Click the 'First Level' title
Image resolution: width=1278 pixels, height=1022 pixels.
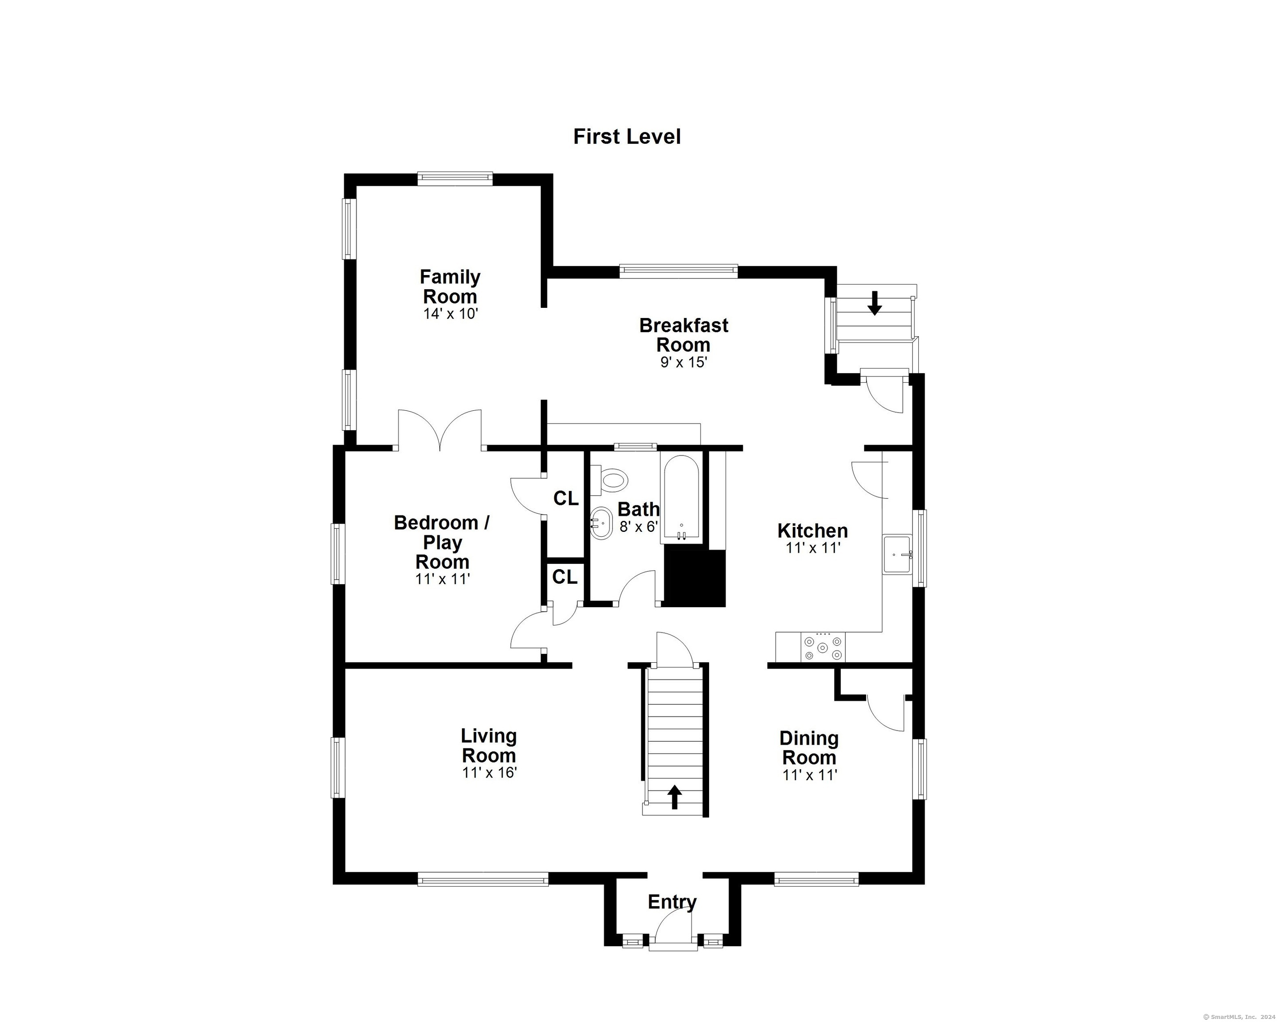tap(627, 137)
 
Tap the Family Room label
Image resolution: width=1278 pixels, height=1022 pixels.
tap(450, 286)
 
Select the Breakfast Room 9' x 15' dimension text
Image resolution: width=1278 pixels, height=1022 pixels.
tap(684, 362)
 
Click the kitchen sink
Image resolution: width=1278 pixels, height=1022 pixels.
tap(898, 554)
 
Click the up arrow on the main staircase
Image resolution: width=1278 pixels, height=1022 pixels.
tap(674, 797)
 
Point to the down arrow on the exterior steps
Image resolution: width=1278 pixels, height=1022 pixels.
tap(874, 303)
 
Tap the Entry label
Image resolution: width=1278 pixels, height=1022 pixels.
tap(672, 902)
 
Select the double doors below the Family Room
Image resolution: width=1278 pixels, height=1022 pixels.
tap(439, 429)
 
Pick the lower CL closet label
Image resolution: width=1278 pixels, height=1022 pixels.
tap(565, 577)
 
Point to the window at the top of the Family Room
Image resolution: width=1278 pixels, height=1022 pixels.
tap(455, 178)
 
